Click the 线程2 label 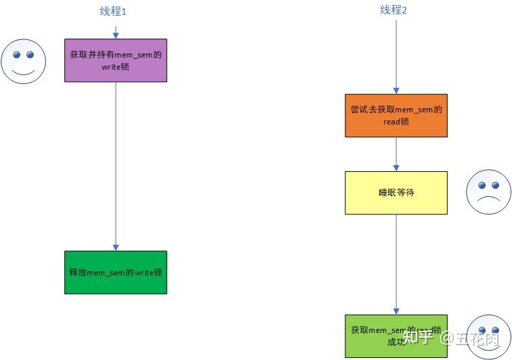[393, 10]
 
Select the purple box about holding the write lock [116, 60]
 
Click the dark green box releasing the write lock [116, 272]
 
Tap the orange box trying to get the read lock [396, 115]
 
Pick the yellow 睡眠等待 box [396, 193]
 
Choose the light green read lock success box [396, 336]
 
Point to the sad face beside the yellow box [488, 193]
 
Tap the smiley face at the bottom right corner [489, 337]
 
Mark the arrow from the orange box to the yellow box [396, 154]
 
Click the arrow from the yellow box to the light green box [396, 264]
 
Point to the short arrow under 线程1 [116, 32]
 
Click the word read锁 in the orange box [396, 122]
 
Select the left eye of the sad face [480, 185]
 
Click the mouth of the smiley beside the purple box [23, 71]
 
